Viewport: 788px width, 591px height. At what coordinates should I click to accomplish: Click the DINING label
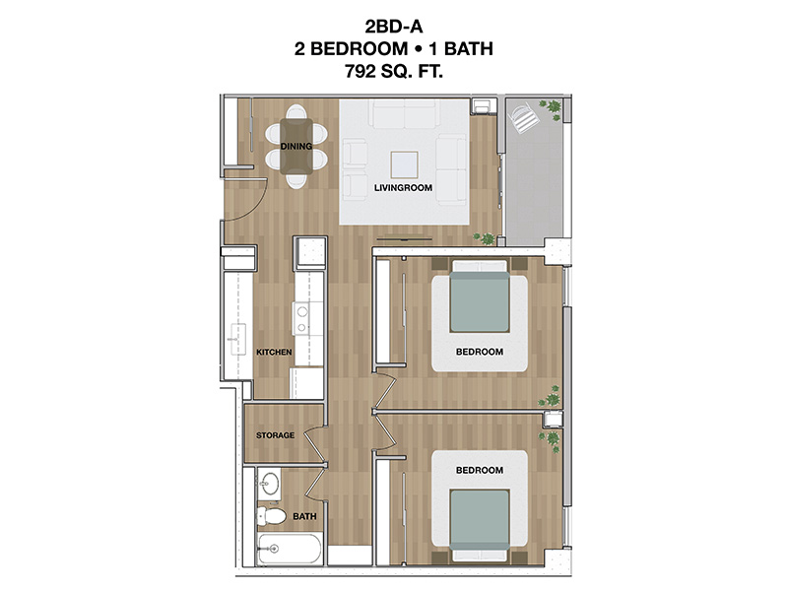296,146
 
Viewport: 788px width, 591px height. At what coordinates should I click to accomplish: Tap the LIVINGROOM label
403,188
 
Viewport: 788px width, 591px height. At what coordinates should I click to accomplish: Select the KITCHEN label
274,353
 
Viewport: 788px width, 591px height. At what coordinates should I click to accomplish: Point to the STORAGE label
276,435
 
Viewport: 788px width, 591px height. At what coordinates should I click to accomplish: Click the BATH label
304,516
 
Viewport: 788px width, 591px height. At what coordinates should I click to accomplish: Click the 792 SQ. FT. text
393,71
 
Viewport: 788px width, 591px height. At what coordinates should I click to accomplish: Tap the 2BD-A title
394,26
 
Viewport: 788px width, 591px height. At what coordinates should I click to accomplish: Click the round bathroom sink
270,485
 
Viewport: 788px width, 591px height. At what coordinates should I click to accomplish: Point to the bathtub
289,549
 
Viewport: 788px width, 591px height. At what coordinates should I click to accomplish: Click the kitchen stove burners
302,319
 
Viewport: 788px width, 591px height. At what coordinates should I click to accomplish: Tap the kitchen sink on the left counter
237,339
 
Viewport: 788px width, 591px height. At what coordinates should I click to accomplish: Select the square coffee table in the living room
405,164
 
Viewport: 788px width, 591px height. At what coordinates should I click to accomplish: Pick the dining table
296,146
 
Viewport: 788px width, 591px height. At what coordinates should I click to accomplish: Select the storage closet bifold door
316,443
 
